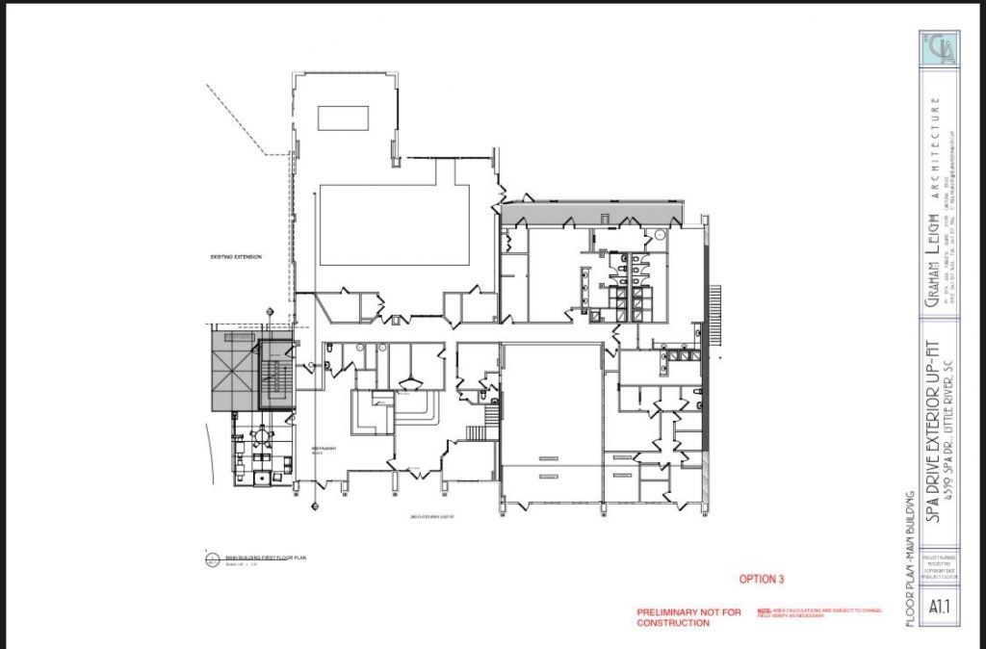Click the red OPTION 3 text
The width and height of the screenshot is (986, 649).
tap(762, 580)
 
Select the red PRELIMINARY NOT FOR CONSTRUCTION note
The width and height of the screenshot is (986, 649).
tap(688, 617)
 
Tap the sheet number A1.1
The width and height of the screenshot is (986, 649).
tap(941, 608)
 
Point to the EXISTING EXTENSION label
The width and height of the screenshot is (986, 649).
tap(236, 257)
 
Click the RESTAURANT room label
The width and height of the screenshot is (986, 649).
tap(322, 449)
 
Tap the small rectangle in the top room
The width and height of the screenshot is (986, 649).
tap(344, 117)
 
